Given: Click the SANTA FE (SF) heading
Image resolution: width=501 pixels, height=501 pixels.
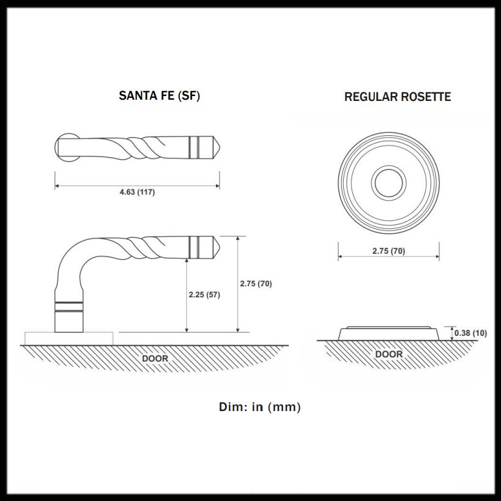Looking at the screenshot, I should [x=159, y=96].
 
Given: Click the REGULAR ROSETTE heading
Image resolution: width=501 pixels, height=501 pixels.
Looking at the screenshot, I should [x=397, y=97].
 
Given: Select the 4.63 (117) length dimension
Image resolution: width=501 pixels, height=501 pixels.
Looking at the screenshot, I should [x=137, y=192].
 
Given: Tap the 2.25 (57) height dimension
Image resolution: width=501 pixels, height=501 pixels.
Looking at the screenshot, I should [x=204, y=295].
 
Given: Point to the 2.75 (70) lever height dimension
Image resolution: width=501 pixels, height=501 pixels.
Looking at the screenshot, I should [x=256, y=284].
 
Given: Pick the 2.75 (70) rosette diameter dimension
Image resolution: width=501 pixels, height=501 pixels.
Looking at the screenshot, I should [x=388, y=251].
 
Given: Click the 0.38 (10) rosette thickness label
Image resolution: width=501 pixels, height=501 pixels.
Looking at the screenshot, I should [x=470, y=333].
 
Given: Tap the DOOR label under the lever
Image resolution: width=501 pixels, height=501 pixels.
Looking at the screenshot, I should [x=155, y=358].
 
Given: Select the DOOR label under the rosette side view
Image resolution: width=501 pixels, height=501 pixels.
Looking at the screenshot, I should [x=388, y=354].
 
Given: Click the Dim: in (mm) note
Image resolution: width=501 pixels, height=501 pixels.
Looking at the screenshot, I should [x=259, y=407].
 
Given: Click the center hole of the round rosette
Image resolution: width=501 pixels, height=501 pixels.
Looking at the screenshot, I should [x=388, y=182].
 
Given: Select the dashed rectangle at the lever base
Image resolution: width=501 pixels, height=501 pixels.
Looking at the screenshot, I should [x=69, y=338].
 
